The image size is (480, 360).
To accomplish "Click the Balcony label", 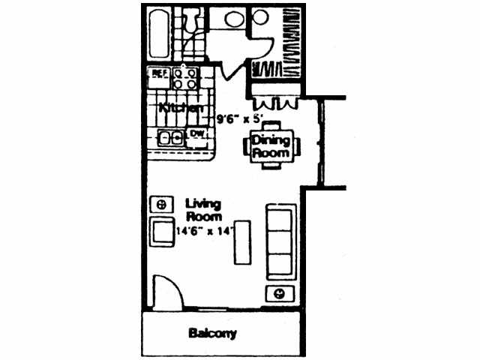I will click(x=212, y=333).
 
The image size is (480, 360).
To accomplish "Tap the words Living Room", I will click(x=200, y=209).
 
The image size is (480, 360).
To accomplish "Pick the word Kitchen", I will click(x=181, y=108).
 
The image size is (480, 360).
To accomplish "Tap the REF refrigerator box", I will click(x=160, y=73).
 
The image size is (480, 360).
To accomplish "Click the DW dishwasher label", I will click(x=196, y=134).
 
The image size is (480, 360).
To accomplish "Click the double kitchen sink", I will click(x=172, y=137).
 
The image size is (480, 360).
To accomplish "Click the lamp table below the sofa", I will click(x=278, y=292).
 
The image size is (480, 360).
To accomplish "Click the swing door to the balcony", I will click(x=166, y=292).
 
